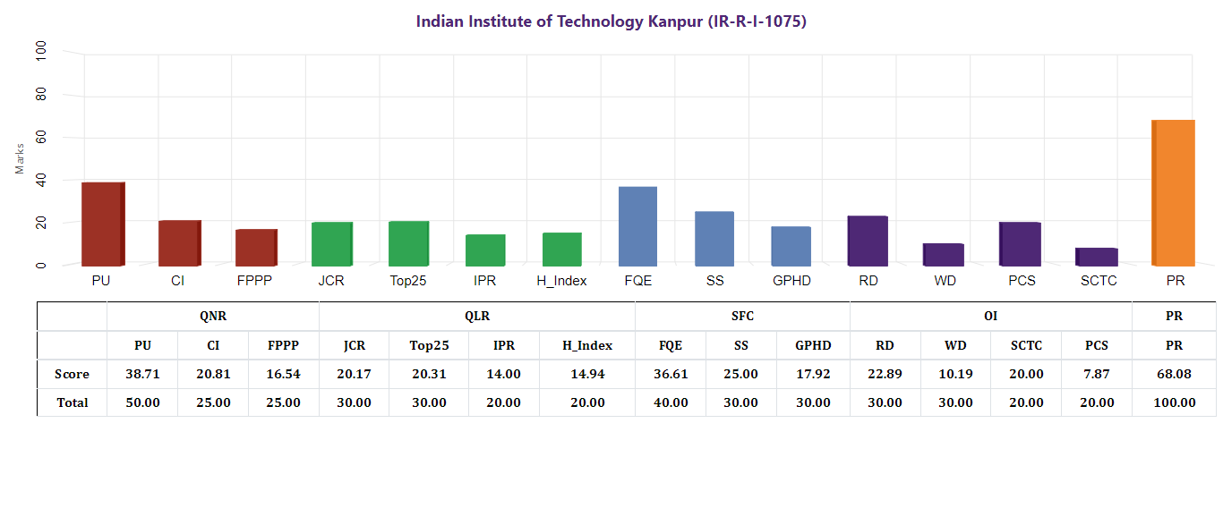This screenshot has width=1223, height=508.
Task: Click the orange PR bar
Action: (1173, 192)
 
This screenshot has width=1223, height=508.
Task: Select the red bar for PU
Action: (102, 224)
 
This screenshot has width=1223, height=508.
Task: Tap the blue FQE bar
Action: (637, 225)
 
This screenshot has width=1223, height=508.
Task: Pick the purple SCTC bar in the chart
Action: (1096, 257)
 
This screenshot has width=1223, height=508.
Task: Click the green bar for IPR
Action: (485, 250)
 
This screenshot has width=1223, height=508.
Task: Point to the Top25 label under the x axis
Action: (408, 281)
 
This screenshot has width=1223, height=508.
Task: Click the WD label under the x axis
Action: (945, 281)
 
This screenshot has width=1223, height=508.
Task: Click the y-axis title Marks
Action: (20, 158)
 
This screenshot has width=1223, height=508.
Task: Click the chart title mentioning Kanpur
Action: (611, 21)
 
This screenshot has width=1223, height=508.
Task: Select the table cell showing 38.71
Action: (142, 374)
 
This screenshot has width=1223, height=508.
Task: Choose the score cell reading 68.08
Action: (1174, 374)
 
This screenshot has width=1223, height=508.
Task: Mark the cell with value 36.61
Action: (670, 374)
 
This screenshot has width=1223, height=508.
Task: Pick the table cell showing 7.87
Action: (1096, 374)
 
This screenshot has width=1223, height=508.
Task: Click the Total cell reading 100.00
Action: (1174, 402)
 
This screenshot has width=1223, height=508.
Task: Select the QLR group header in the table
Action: (476, 317)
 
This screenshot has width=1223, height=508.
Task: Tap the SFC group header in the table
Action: (742, 317)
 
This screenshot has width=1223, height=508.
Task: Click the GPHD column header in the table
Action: (813, 345)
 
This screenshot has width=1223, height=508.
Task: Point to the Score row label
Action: (72, 374)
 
